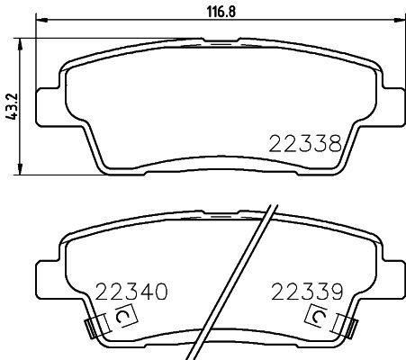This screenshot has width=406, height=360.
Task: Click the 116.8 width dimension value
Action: coord(221,12)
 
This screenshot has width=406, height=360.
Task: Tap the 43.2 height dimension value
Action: coord(14,107)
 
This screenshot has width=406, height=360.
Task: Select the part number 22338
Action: coord(305,143)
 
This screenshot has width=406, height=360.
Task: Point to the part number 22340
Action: coord(131,292)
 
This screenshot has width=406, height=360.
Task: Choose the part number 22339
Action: coord(307,292)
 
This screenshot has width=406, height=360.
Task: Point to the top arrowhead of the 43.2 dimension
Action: coord(21,43)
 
